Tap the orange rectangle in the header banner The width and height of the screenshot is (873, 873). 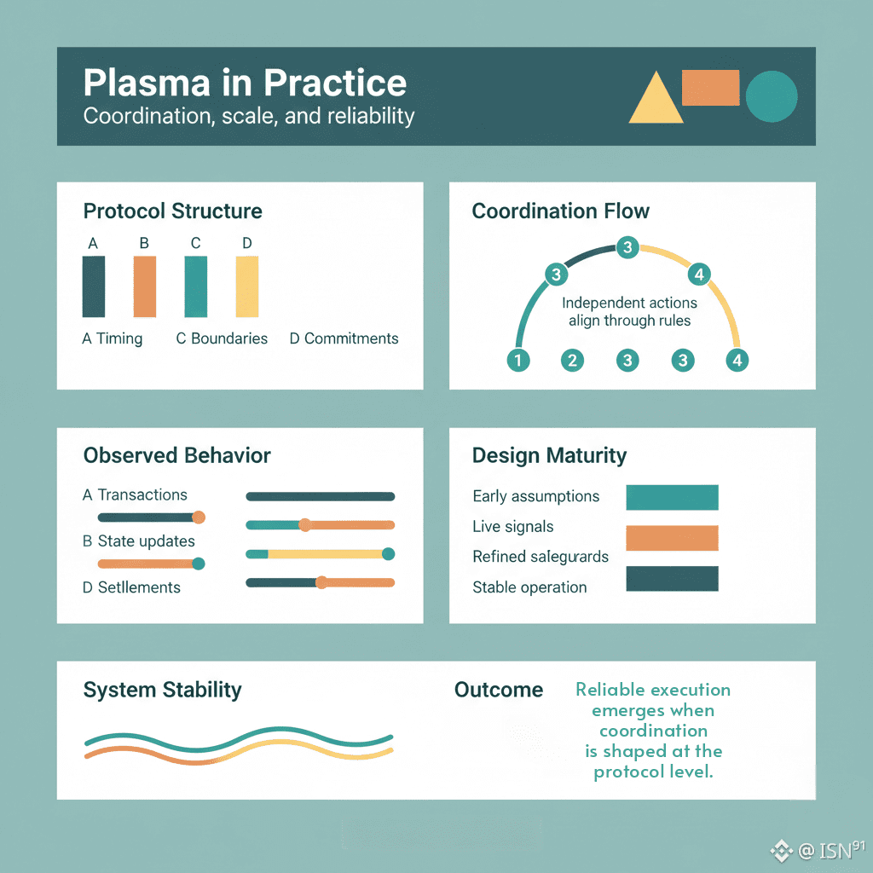(710, 88)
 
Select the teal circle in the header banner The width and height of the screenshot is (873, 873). (772, 96)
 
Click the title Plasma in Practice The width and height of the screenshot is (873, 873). (245, 84)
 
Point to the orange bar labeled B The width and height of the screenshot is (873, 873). (145, 286)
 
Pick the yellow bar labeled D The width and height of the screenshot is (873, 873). (246, 286)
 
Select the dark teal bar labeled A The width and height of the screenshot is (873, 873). (94, 286)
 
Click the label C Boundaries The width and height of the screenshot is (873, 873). (222, 338)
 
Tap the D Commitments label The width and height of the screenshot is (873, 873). (344, 338)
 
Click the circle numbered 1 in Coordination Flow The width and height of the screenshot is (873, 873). (517, 361)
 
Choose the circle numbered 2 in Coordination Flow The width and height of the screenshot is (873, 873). (573, 361)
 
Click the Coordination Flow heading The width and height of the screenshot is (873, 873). (560, 211)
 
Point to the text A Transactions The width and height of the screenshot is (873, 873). (135, 494)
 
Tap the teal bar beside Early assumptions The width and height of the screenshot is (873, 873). (672, 497)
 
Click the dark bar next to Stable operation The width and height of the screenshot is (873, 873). (672, 579)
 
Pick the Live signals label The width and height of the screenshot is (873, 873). (512, 527)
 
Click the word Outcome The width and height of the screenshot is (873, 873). (499, 690)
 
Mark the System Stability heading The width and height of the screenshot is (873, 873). (162, 690)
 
